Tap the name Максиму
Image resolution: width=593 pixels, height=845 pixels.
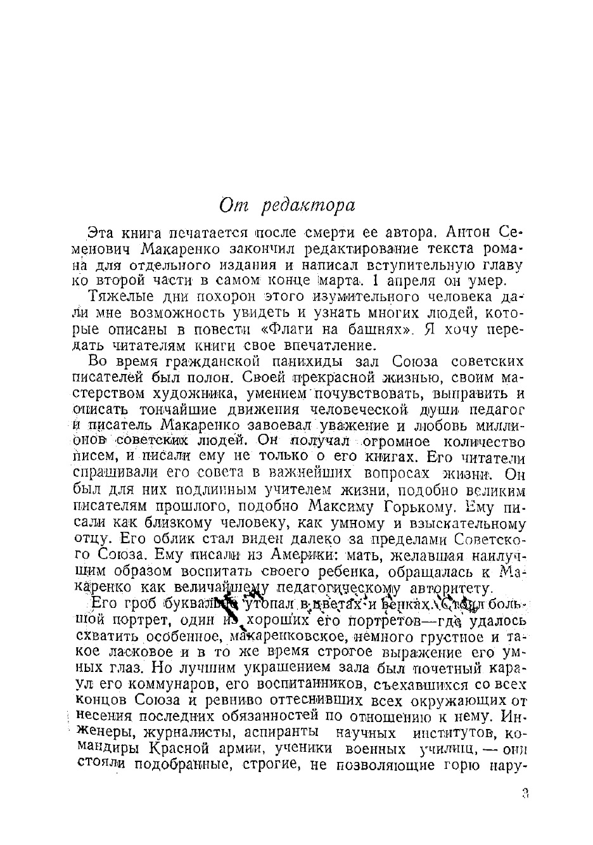343,506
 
